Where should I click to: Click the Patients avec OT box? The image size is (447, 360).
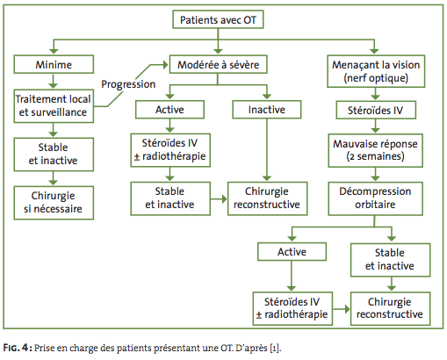point(218,19)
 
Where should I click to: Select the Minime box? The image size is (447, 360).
point(54,64)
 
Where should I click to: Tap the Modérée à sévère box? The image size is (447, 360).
point(218,64)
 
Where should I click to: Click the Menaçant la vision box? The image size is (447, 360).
point(376,71)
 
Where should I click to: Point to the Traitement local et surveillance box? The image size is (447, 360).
point(54,106)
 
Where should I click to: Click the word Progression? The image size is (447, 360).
point(128,84)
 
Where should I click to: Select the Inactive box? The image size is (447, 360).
point(267,110)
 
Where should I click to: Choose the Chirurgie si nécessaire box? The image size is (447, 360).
point(54,203)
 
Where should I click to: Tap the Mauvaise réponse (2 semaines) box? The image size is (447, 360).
point(375,150)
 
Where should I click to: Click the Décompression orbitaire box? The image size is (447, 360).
point(375,198)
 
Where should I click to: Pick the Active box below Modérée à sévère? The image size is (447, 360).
point(169,110)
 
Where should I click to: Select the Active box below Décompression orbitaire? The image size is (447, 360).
point(292,251)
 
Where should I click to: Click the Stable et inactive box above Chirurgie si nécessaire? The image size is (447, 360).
point(54,155)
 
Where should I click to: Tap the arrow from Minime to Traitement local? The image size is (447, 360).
point(53,82)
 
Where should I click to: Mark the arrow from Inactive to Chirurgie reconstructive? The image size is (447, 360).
point(267,150)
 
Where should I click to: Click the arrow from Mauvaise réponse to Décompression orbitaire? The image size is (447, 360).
point(375,175)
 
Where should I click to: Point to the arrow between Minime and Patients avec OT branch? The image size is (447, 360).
point(54,47)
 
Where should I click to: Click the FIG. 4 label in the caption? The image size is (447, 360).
point(17,348)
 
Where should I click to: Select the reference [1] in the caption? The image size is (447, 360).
point(275,348)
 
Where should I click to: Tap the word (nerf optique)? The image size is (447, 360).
point(376,78)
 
